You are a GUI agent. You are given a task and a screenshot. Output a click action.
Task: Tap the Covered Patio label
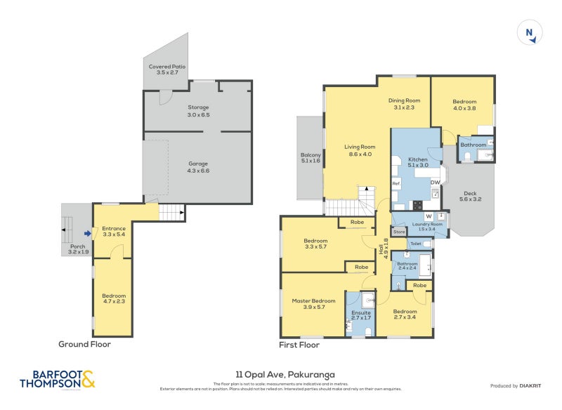pos(166,69)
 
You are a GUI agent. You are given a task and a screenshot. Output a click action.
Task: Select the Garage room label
pos(198,166)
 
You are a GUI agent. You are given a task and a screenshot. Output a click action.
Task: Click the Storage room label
pos(198,110)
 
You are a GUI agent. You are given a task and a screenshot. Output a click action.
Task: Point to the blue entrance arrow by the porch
pos(86,234)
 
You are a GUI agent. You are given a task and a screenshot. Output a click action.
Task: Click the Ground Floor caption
pos(84,344)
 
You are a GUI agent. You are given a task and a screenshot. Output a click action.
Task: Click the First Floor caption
pos(299,345)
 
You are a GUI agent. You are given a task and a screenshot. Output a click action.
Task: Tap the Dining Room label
pos(404,103)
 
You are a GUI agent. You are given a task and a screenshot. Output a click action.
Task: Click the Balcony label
pos(311,158)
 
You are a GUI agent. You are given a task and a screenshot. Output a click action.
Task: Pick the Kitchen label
pos(418,163)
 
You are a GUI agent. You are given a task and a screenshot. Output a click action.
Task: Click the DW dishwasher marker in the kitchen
pos(435,183)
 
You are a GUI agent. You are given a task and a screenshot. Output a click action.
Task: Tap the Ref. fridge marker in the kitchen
pos(396,183)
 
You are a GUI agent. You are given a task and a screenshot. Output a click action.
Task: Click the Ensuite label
pos(361,315)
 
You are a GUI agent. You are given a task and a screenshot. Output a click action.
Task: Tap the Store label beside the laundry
pos(399,231)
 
